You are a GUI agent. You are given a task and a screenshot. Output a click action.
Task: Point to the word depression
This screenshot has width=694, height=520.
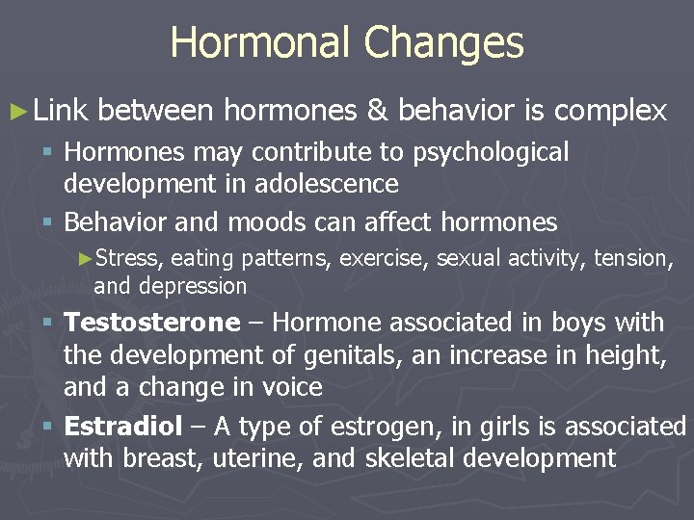tap(193, 286)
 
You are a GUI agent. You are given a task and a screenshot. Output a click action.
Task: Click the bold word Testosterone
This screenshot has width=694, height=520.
tap(150, 322)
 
